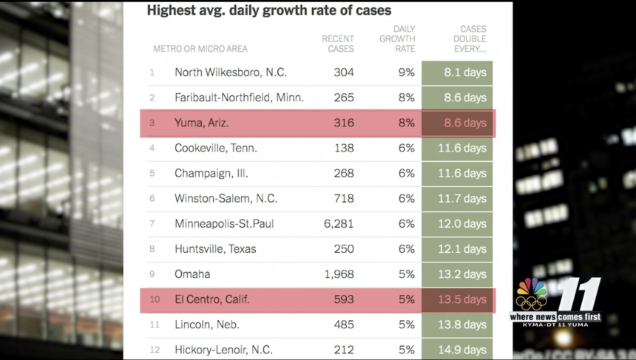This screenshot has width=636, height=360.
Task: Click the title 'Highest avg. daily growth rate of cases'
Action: [269, 11]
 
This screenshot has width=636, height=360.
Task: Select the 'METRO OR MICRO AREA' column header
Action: [200, 49]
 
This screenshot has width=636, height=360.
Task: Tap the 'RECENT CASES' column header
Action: [338, 44]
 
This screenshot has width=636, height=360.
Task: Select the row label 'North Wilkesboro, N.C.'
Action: [231, 72]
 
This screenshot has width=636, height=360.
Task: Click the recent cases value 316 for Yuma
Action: [344, 123]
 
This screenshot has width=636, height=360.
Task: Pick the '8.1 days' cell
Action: [465, 72]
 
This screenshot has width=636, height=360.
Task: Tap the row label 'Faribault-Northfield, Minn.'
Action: [239, 98]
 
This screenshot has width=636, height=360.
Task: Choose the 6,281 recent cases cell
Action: [339, 223]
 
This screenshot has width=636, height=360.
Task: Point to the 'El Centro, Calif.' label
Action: [212, 299]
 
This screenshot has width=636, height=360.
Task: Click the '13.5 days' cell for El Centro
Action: [465, 299]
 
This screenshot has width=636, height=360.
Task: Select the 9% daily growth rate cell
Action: [406, 72]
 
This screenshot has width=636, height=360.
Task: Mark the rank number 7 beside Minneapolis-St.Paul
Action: [152, 223]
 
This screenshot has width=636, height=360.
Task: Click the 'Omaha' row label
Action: [192, 274]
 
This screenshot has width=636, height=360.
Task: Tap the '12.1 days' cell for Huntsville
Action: [465, 249]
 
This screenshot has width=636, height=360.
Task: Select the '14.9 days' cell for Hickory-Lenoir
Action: [465, 349]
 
